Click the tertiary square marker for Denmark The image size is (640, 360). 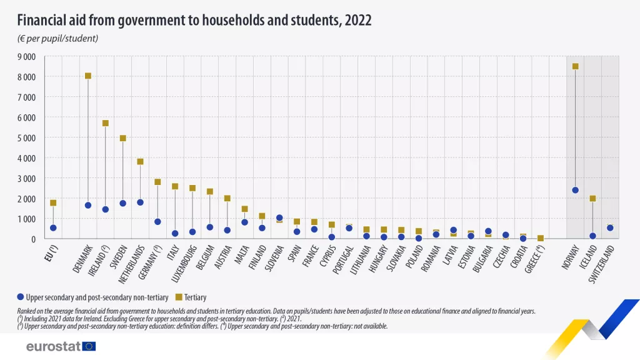pos(88,76)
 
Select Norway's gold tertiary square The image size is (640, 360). pos(575,66)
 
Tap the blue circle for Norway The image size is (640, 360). pos(575,190)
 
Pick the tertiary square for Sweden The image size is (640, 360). pos(123,138)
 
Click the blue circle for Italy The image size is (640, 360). pos(175,234)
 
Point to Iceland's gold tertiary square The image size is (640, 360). pos(592,199)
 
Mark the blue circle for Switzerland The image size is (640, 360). pos(610,227)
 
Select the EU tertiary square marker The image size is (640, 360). pos(53,203)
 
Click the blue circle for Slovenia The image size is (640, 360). pos(279,218)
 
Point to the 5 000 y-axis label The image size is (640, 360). pos(26,137)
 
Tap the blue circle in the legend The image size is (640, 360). pos(21,297)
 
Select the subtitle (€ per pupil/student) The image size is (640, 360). pos(57,39)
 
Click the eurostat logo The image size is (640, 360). pos(61,346)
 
